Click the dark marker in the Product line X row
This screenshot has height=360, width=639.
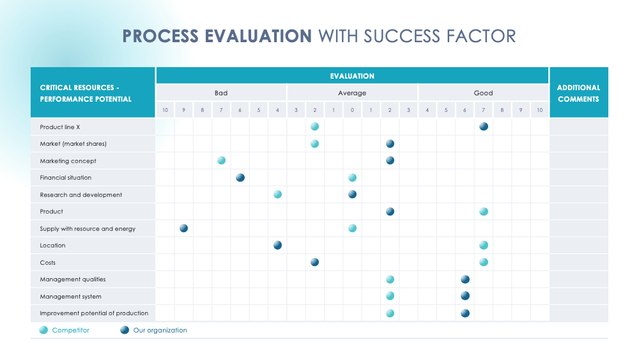[484, 127]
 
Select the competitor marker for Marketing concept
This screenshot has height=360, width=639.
[221, 160]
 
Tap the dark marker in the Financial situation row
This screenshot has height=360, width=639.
[240, 178]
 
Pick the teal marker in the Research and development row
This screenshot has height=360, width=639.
[277, 194]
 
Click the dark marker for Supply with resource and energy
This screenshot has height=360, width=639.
[184, 228]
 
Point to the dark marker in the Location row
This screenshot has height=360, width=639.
[277, 245]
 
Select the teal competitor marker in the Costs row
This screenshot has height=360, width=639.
[484, 262]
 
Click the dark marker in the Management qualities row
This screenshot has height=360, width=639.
[465, 279]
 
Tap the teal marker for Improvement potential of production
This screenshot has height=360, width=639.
[390, 313]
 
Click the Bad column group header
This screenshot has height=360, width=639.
[221, 93]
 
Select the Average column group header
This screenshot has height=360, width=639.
[352, 93]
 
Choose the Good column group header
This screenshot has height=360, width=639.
[484, 93]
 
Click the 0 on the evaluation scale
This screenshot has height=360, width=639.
[352, 110]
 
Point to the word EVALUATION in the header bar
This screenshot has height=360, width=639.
[352, 76]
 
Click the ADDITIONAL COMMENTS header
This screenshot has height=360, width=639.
[578, 93]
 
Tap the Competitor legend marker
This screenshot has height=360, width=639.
[43, 331]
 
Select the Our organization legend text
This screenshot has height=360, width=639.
[160, 331]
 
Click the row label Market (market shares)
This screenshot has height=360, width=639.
[73, 144]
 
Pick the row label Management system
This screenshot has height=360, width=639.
[70, 297]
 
